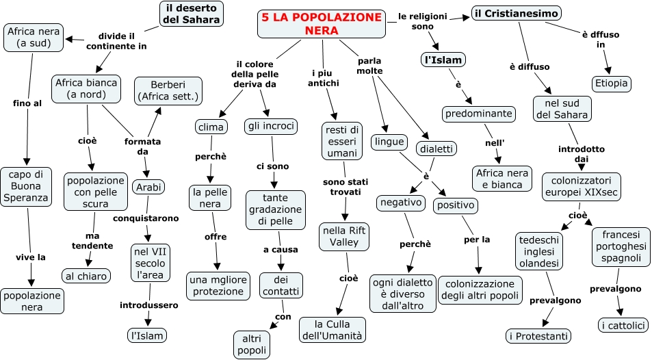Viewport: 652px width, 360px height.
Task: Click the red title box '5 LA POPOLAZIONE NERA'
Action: [322, 24]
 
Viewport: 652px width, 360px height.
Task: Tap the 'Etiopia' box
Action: [612, 83]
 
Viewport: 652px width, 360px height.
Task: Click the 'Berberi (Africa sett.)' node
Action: [168, 90]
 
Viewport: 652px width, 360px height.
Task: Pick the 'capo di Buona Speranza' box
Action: [26, 185]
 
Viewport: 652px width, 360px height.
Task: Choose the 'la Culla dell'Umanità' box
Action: [332, 329]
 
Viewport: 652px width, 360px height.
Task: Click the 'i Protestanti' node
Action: [539, 335]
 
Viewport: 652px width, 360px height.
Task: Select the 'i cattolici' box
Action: [623, 325]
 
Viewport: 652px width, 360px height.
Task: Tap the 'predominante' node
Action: [478, 114]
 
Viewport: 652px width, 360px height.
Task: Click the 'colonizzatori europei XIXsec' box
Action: [582, 186]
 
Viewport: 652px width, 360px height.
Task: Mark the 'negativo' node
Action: [400, 203]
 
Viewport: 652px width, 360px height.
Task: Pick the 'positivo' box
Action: [455, 205]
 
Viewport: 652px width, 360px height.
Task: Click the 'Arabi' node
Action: [148, 187]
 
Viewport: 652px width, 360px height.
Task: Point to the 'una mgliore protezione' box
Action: [218, 285]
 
